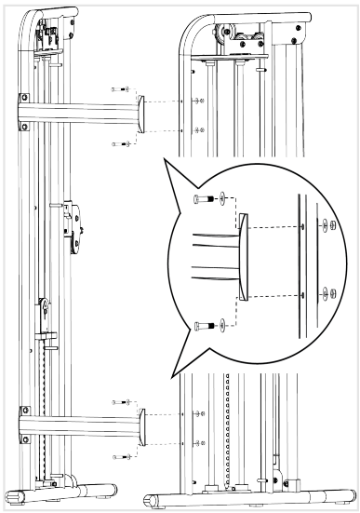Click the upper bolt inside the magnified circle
pos(203,199)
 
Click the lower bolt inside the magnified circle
pos(203,325)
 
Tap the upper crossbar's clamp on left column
pos(26,111)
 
